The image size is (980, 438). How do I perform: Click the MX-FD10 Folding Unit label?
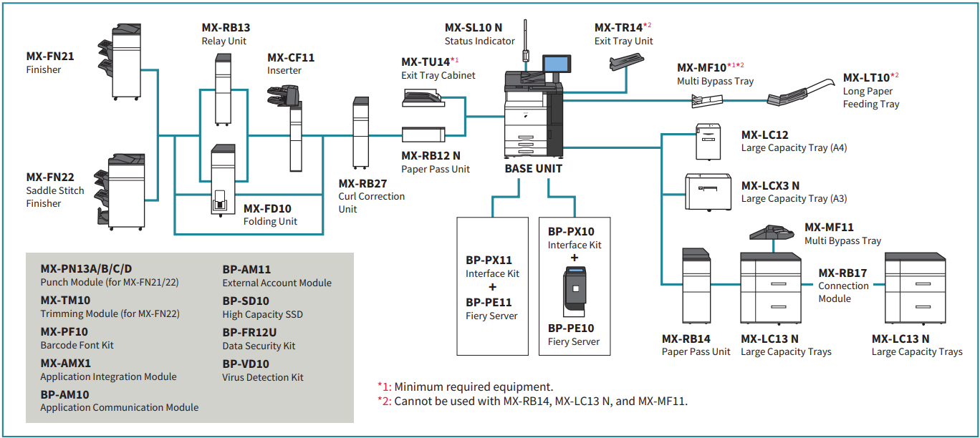coord(270,215)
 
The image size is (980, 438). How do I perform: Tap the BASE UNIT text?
coord(533,169)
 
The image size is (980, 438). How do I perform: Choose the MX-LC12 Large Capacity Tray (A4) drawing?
coord(708,142)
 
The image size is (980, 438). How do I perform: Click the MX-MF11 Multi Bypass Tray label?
coord(842,234)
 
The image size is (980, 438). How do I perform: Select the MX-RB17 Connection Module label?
coord(843,285)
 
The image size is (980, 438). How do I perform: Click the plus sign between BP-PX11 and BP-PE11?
coord(491,288)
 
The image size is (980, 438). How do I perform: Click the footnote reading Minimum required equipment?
coord(466,386)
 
